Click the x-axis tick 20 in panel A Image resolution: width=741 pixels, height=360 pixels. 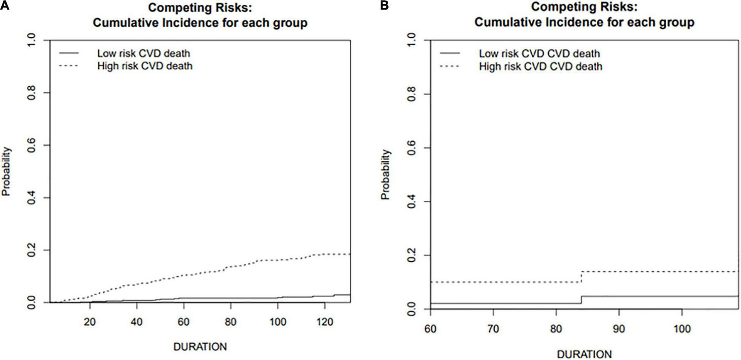click(89, 322)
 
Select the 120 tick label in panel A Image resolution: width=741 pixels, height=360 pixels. click(325, 322)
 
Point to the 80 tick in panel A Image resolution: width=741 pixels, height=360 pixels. click(230, 322)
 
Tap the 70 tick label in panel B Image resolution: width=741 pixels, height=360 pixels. click(493, 329)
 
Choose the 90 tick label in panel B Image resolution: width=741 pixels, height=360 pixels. click(619, 329)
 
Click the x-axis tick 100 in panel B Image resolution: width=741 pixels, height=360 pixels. click(682, 329)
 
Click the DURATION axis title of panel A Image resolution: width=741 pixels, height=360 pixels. click(200, 347)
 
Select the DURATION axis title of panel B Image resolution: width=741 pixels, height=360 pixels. click(584, 354)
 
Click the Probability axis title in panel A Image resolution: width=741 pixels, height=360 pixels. click(6, 171)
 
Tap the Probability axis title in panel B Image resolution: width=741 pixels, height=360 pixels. click(386, 174)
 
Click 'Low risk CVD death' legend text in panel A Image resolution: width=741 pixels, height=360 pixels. click(143, 54)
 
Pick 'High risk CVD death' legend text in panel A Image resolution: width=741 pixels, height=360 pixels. click(145, 66)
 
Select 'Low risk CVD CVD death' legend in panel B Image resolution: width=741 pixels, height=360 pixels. click(539, 54)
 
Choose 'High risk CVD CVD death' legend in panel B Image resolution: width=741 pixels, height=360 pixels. click(541, 66)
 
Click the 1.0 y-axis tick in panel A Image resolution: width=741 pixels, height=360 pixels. click(32, 41)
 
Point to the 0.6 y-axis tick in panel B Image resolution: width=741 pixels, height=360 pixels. click(412, 148)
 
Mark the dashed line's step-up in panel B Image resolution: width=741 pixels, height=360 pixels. click(581, 277)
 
